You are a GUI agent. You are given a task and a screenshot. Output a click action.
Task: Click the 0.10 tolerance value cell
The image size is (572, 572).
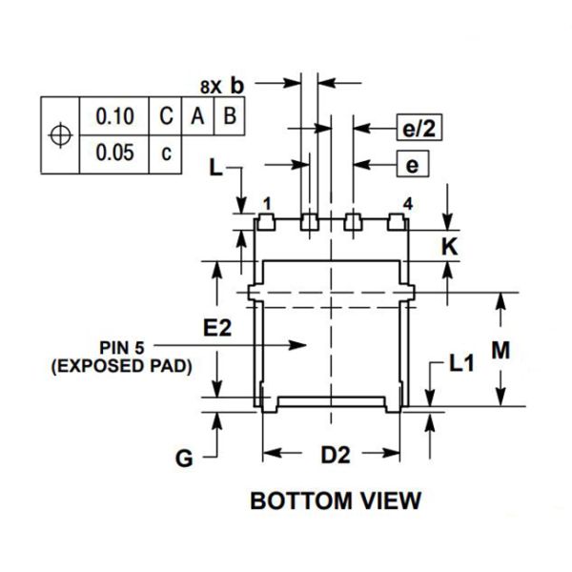coord(115,116)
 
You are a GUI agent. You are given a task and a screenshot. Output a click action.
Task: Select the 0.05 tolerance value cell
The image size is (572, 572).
coord(115,153)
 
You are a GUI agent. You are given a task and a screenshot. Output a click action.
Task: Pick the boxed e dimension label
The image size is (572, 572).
coord(412,165)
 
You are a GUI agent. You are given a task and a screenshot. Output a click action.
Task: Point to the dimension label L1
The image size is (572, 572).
coord(462,362)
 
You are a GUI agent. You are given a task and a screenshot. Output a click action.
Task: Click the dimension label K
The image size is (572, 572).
coord(452,246)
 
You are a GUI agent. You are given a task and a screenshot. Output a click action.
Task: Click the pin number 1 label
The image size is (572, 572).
coord(268,204)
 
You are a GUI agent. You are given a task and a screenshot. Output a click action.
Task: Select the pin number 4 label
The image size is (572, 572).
coord(407,204)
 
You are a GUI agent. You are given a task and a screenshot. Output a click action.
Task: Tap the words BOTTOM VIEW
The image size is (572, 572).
coord(334,500)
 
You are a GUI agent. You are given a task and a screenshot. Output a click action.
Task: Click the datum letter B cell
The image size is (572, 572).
coord(230,116)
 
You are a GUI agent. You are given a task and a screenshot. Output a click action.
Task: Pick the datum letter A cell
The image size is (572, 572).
coord(197,116)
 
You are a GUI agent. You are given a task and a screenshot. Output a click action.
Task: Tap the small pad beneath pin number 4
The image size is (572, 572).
coord(397,222)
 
